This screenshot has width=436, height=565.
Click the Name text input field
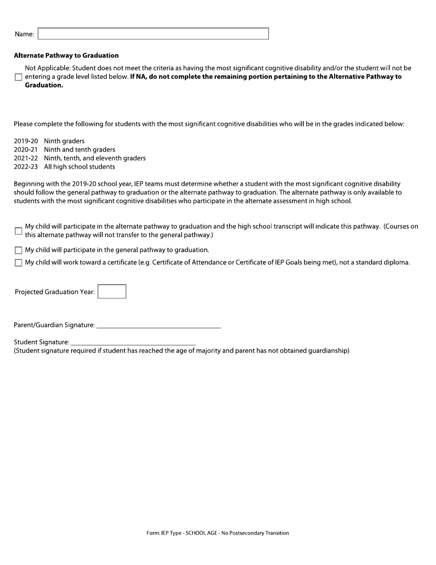click(x=153, y=34)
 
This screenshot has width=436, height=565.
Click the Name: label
click(x=24, y=34)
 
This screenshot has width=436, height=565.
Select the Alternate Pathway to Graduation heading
click(x=66, y=56)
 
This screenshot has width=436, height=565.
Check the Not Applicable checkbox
click(x=18, y=77)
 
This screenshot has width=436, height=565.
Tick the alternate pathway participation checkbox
click(x=18, y=231)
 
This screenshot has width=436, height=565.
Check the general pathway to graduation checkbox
click(x=18, y=250)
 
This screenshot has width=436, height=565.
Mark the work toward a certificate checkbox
click(x=18, y=263)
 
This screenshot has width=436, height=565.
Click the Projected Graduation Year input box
click(x=112, y=292)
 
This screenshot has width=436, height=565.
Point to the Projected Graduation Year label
click(x=55, y=292)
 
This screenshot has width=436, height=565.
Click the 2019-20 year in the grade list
click(x=26, y=141)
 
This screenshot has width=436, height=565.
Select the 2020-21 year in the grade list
click(x=26, y=150)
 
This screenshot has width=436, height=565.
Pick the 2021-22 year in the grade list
click(x=26, y=158)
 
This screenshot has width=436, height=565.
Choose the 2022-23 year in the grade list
click(x=26, y=167)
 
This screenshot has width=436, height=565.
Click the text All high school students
click(x=79, y=167)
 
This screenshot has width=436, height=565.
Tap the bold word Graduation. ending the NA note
click(x=44, y=85)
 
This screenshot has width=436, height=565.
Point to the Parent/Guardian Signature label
click(x=54, y=325)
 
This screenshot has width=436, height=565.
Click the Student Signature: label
click(x=41, y=342)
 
